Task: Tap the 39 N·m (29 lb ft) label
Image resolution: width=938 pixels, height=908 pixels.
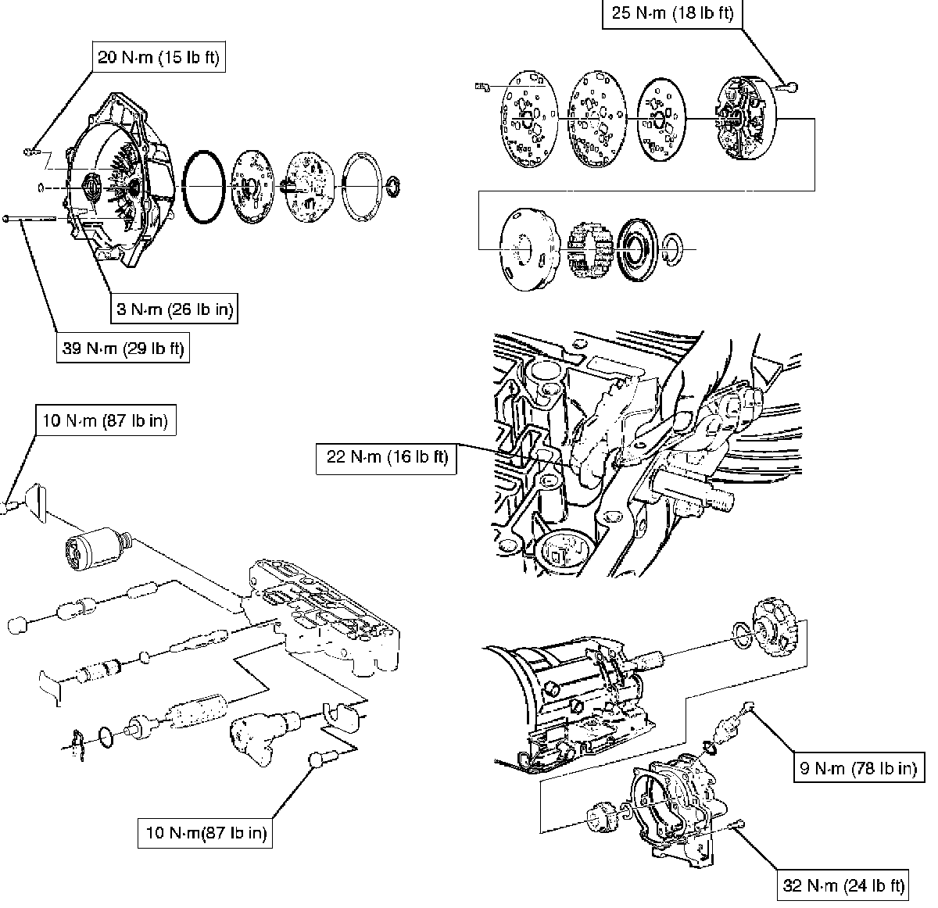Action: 123,349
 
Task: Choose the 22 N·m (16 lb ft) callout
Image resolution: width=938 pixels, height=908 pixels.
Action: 387,458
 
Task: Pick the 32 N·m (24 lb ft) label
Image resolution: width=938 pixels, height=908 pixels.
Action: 843,885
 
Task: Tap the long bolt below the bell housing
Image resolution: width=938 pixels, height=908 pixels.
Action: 31,220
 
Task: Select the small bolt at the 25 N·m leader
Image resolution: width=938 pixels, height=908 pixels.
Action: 792,88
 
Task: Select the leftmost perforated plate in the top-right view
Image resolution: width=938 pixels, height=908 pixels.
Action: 528,120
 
